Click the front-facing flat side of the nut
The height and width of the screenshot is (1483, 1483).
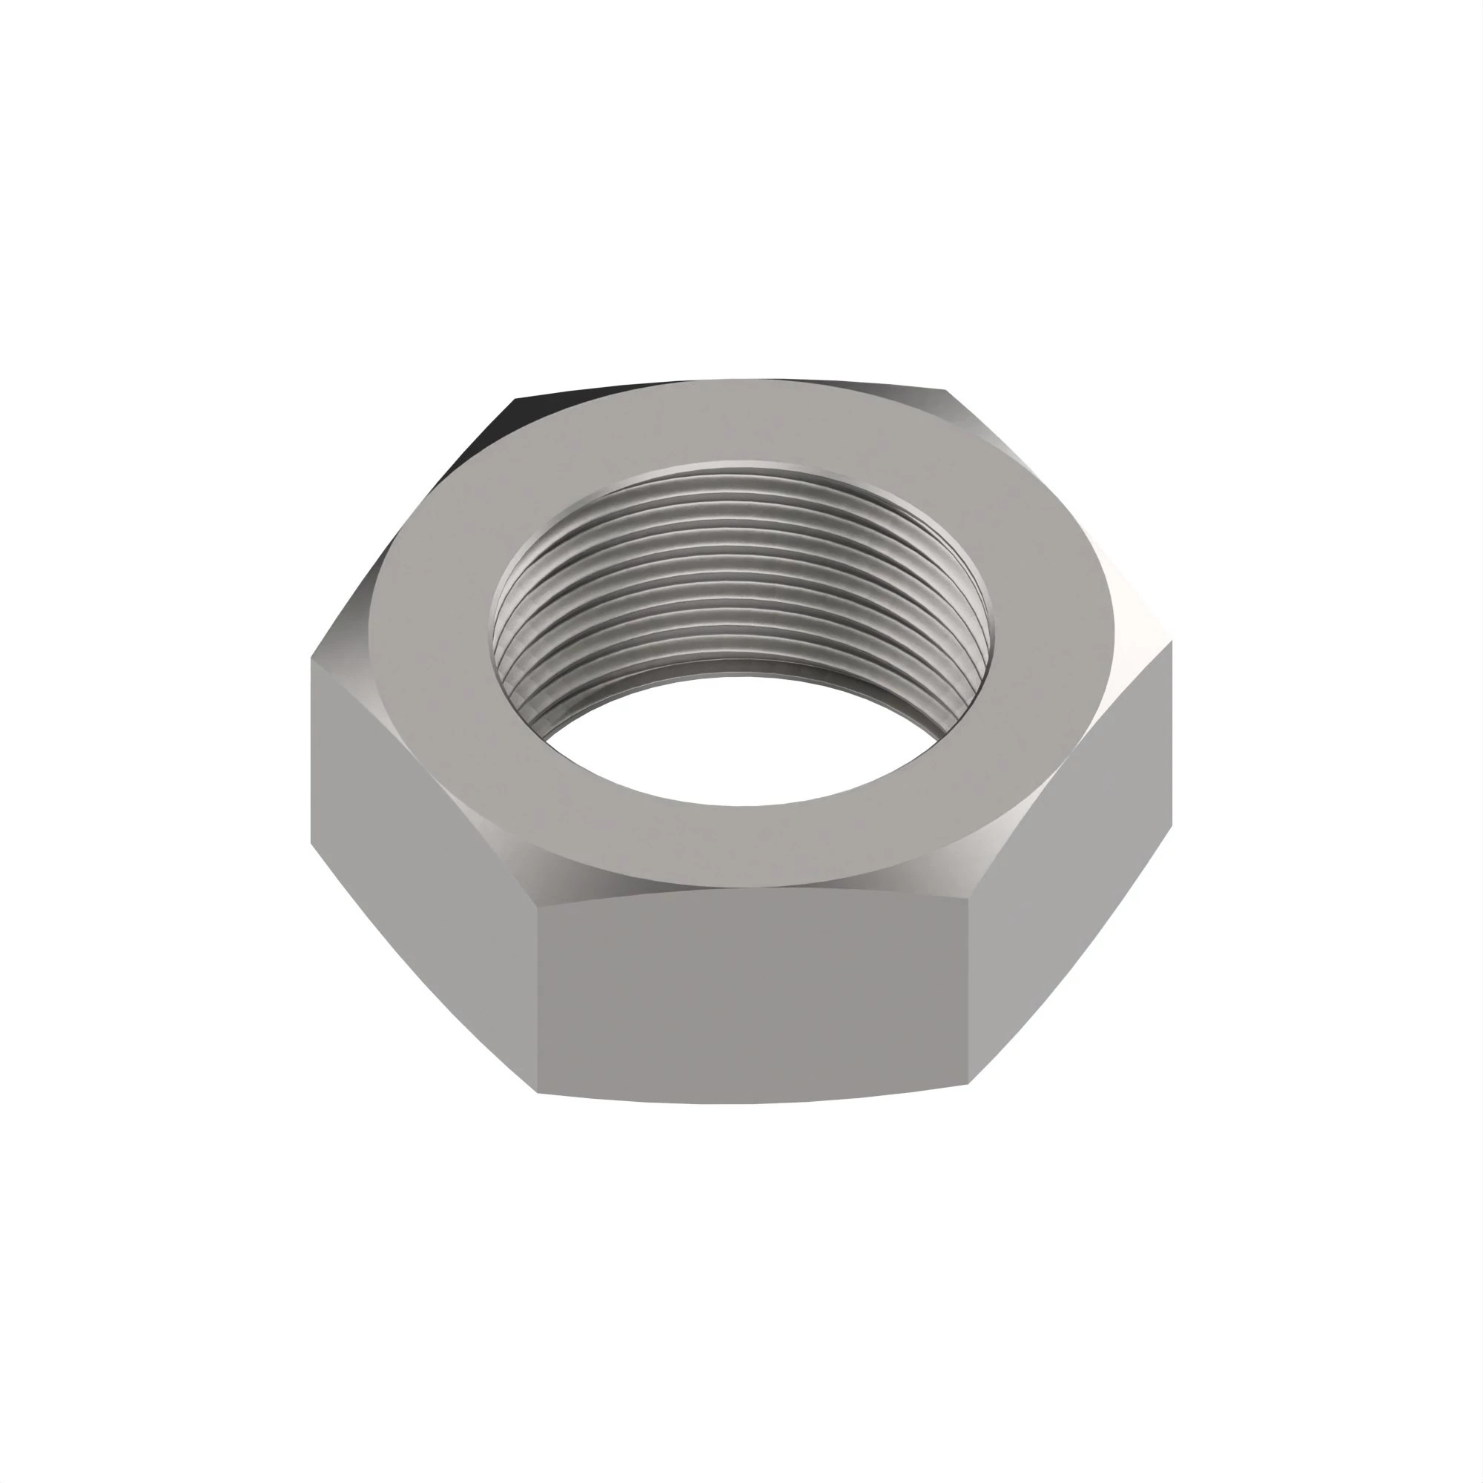pyautogui.click(x=752, y=998)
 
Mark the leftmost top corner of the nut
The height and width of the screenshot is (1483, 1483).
pyautogui.click(x=311, y=658)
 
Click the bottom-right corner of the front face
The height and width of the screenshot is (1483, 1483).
pyautogui.click(x=968, y=1084)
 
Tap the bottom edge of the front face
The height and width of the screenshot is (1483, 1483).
pyautogui.click(x=752, y=1103)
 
